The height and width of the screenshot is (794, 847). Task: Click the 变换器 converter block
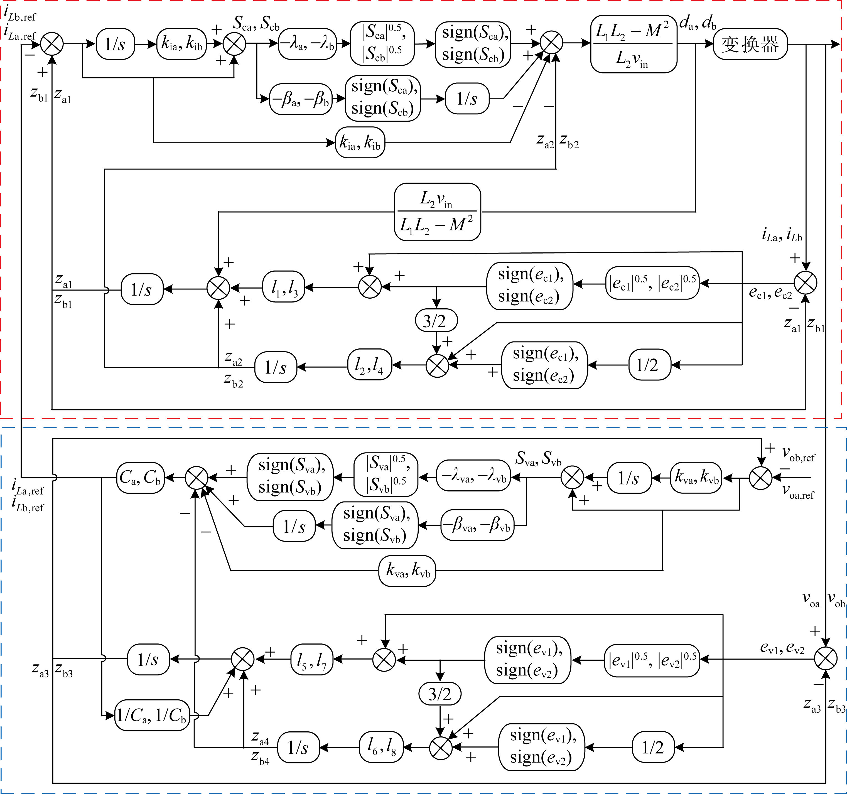(750, 44)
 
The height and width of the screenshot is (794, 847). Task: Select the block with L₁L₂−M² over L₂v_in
(633, 44)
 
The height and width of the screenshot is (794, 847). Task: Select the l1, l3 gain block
(284, 287)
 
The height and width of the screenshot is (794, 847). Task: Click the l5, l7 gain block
(311, 659)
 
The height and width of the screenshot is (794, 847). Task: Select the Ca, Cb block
(140, 478)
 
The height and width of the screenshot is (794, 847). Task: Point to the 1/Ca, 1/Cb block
(152, 715)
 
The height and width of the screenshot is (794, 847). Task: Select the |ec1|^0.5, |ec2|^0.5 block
(652, 283)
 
